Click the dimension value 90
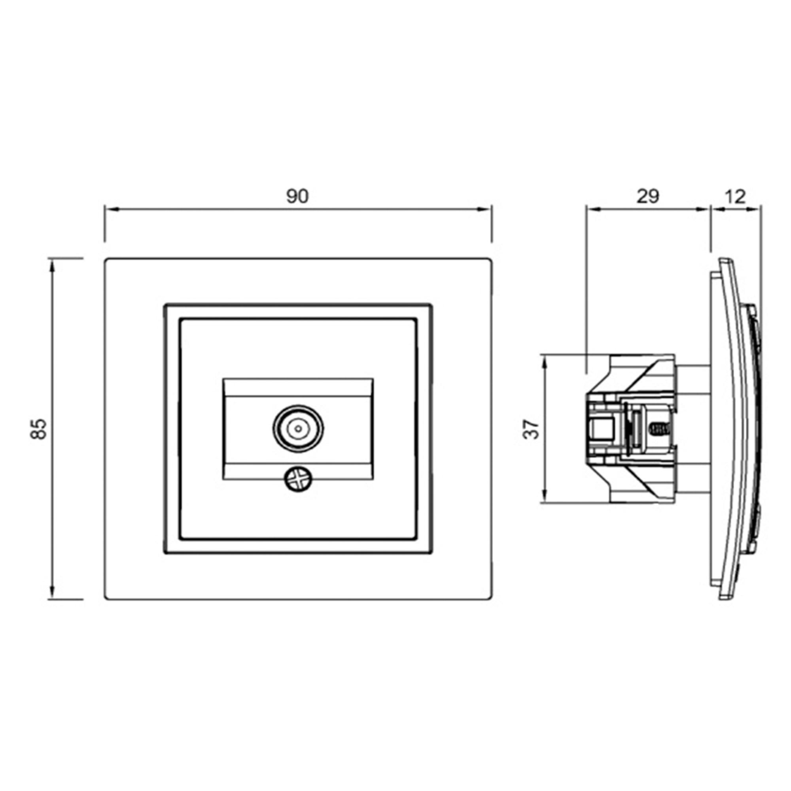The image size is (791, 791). [x=297, y=197]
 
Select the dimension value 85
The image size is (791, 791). [x=39, y=429]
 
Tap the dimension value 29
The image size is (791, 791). [x=648, y=197]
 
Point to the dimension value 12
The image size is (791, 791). [x=735, y=197]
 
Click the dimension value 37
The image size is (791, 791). [x=531, y=429]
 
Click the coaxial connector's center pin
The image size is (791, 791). [x=298, y=429]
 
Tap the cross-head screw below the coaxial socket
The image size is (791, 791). [x=299, y=480]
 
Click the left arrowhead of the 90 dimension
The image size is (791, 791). [x=111, y=210]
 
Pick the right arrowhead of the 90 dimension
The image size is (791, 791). [x=486, y=210]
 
